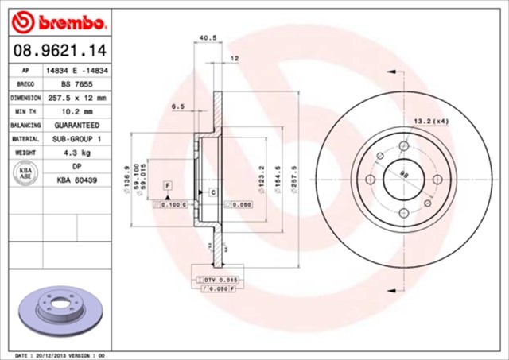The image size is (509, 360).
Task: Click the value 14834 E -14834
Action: (76, 70)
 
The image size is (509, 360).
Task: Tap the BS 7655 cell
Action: (76, 83)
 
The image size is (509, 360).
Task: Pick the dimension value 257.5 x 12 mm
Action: (76, 98)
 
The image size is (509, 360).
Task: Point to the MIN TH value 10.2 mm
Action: (76, 111)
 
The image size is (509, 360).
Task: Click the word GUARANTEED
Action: (76, 126)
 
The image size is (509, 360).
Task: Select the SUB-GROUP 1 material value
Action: (76, 139)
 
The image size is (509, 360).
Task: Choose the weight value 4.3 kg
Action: (76, 153)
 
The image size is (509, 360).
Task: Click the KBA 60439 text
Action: (76, 181)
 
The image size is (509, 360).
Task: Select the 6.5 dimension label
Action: (177, 106)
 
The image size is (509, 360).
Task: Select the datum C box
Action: (213, 192)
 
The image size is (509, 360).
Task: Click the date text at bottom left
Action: (60, 354)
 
